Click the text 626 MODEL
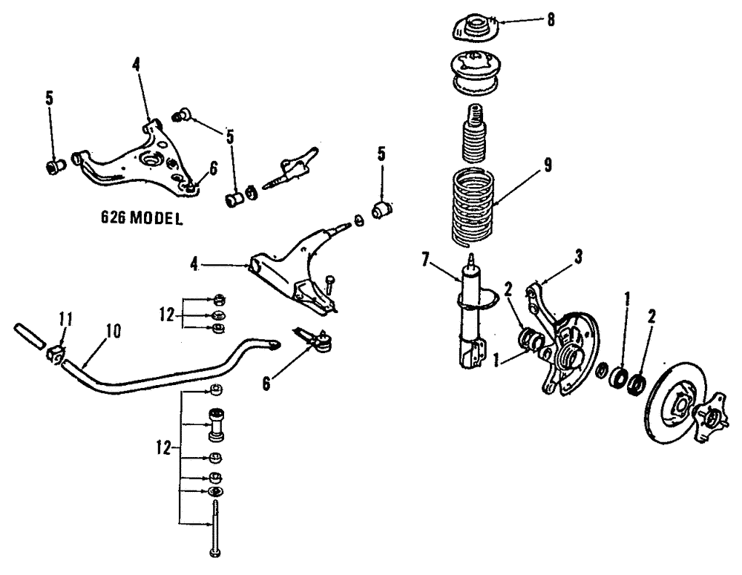(141, 220)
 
